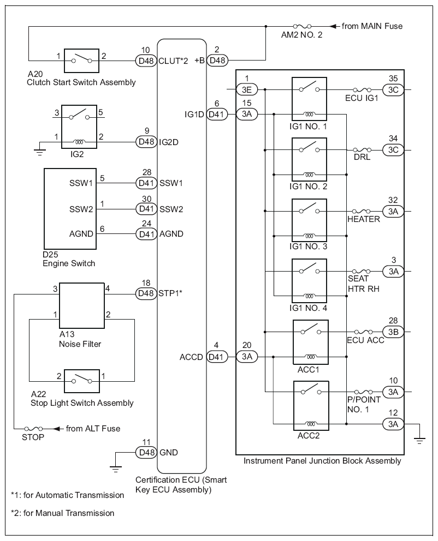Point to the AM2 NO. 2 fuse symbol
[x=302, y=26]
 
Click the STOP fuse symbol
[x=33, y=429]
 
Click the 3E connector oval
[x=247, y=89]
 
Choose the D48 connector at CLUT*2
[x=146, y=61]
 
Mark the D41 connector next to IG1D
[x=217, y=114]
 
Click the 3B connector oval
[x=393, y=332]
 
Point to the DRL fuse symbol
[x=362, y=150]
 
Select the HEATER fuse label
[x=363, y=219]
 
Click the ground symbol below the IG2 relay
[x=40, y=151]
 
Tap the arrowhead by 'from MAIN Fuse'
[x=333, y=26]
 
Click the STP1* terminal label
[x=170, y=293]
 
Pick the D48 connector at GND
[x=146, y=452]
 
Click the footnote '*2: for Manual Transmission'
[x=62, y=513]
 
